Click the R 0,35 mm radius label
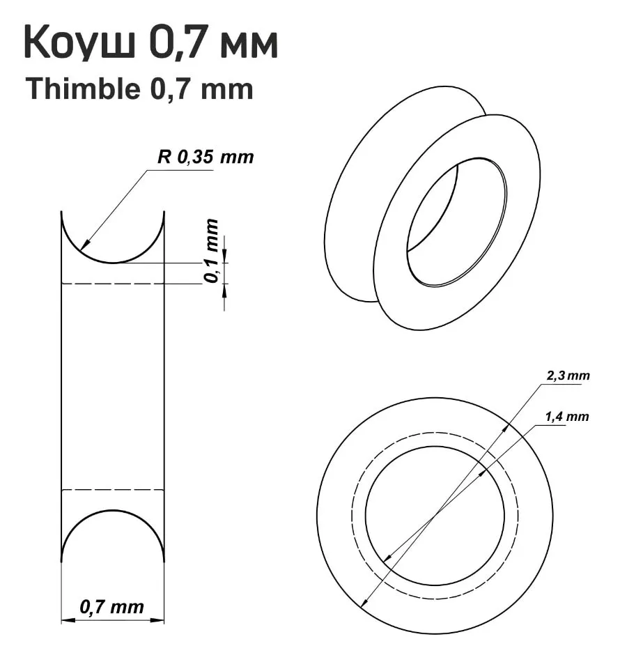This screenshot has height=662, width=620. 206,157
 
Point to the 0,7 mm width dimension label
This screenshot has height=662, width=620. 112,607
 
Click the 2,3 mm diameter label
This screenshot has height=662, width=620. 567,376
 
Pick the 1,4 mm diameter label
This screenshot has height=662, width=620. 566,417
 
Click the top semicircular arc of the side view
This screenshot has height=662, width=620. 113,262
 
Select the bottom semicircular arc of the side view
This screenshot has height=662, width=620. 113,511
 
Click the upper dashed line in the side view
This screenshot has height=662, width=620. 113,284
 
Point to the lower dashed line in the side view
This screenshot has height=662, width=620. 113,490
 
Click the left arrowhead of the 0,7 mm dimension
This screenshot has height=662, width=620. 65,618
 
